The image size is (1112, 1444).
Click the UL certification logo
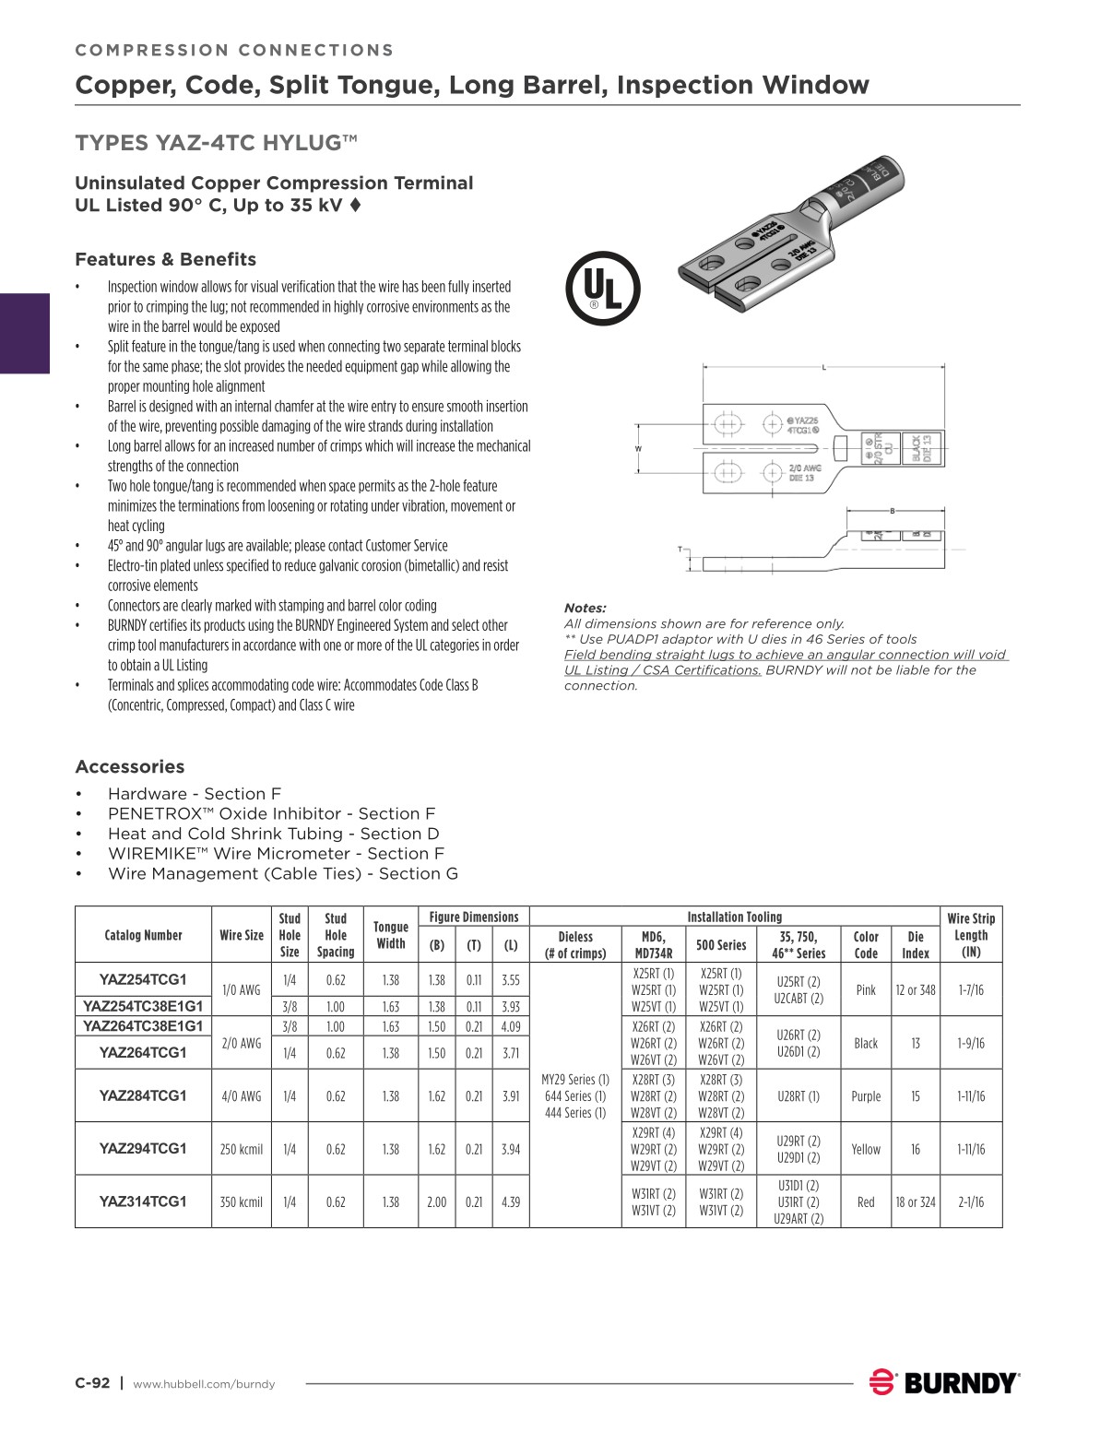coord(602,289)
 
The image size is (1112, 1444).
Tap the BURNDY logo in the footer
coord(945,1383)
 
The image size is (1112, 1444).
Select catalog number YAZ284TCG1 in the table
coord(143,1095)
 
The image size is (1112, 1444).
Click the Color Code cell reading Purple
coord(866,1096)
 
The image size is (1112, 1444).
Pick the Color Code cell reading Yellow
coord(866,1149)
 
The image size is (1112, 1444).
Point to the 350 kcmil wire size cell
coord(242,1201)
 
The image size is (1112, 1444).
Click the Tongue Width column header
coord(391,935)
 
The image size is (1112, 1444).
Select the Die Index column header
coord(916,944)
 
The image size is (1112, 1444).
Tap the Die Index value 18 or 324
coord(916,1201)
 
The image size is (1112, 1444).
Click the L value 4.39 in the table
coord(511,1201)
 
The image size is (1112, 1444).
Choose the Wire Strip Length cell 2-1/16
coord(971,1201)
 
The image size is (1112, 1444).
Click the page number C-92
coord(92,1383)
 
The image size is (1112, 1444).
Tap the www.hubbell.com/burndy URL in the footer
coord(204,1384)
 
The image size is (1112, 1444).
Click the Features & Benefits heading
coord(166,259)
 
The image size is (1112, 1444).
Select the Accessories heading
coord(130,767)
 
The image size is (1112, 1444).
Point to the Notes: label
coord(586,608)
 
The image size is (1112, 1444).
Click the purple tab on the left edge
coord(24,333)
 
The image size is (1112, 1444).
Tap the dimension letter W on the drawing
coord(638,448)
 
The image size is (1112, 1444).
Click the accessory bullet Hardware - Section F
coord(195,794)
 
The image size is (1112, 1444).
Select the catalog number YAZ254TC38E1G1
coord(143,1006)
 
